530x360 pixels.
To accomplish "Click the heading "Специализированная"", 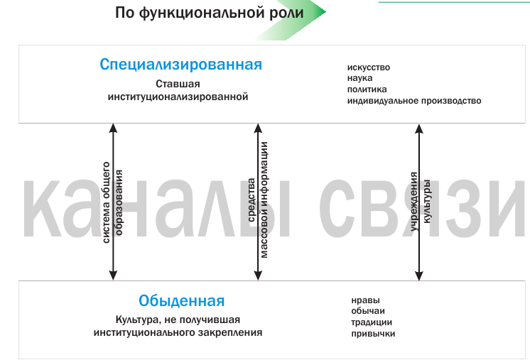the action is pyautogui.click(x=180, y=65).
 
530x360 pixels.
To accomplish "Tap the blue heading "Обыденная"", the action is pyautogui.click(x=183, y=300).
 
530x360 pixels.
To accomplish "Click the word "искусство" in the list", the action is pyautogui.click(x=368, y=67).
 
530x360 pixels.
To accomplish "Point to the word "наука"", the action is pyautogui.click(x=359, y=78).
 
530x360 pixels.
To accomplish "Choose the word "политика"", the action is pyautogui.click(x=367, y=89).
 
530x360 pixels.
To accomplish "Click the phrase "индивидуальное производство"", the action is pyautogui.click(x=414, y=101).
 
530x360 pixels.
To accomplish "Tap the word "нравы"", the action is pyautogui.click(x=365, y=300).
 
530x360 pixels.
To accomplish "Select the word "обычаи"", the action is pyautogui.click(x=368, y=311).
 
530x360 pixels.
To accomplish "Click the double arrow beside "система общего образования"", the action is pyautogui.click(x=112, y=201).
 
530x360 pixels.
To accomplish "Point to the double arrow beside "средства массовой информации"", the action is pyautogui.click(x=259, y=201).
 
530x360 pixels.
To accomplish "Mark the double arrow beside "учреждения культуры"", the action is pyautogui.click(x=418, y=201).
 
